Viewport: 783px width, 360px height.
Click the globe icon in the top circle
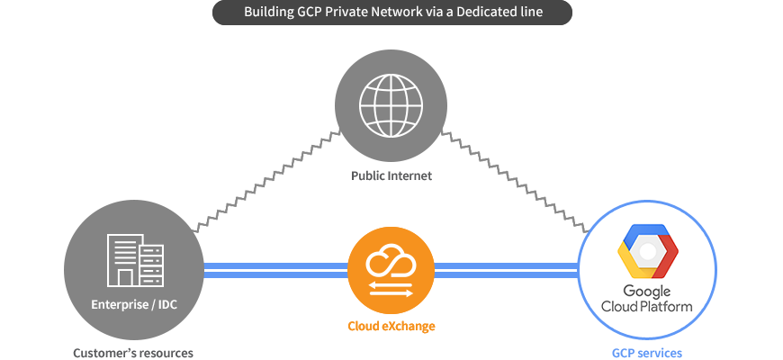(391, 105)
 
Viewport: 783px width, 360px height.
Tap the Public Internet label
(391, 175)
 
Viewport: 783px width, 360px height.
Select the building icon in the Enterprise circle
(135, 260)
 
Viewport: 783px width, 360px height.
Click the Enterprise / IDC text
(134, 304)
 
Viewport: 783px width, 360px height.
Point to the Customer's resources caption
(133, 353)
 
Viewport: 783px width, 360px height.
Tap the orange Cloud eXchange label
(391, 327)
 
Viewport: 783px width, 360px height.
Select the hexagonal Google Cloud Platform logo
(648, 251)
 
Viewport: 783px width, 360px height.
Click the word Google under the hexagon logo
(647, 292)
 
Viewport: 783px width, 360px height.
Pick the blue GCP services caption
(647, 353)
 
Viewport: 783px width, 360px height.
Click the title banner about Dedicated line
(392, 12)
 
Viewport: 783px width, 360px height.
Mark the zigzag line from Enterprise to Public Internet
(265, 181)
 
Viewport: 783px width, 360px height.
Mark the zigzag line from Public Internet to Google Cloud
(516, 181)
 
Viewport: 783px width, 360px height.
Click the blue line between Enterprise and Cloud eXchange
(275, 270)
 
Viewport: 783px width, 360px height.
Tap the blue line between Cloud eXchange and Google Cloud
(507, 270)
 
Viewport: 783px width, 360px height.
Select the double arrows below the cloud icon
(391, 289)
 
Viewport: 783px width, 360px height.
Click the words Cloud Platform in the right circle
(647, 306)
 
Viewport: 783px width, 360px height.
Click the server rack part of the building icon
(152, 265)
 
